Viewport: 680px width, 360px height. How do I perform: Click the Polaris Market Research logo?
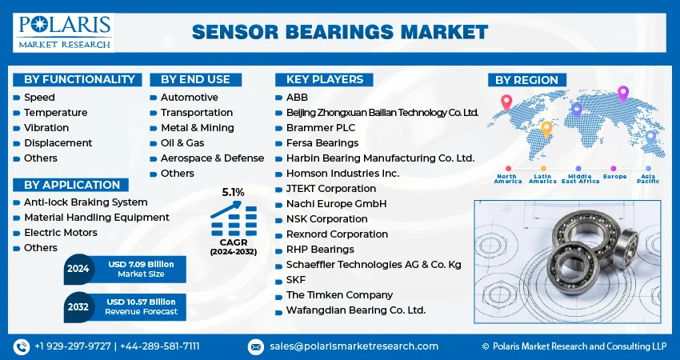63,32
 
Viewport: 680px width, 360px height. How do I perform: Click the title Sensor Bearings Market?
340,32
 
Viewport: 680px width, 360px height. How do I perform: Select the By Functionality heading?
78,79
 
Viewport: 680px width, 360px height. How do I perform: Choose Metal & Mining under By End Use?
197,128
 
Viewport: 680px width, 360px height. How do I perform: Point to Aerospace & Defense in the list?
212,158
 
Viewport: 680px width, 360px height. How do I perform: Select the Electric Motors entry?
61,233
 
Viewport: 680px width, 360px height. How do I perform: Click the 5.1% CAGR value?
233,193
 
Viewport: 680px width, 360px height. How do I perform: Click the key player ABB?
296,98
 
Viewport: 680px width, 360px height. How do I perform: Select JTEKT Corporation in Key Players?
330,189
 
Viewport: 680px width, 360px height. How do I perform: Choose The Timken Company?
339,295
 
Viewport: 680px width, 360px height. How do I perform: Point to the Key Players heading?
319,79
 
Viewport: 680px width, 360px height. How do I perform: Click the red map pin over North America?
506,102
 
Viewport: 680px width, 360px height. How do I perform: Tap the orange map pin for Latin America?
546,128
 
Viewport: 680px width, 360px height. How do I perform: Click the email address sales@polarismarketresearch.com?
353,346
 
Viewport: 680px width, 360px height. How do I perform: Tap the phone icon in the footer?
21,346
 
